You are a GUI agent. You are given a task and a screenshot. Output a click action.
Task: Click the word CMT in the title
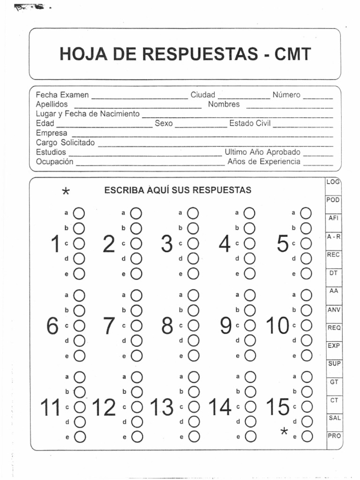tap(293, 55)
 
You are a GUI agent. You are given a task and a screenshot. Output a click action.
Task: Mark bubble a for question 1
tap(79, 213)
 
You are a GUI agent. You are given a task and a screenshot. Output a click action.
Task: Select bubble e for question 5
tap(306, 274)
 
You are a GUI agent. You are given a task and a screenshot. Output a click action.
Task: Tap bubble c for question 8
tap(193, 325)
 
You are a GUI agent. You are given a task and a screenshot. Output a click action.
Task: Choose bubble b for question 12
tap(136, 391)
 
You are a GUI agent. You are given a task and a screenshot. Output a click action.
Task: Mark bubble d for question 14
tap(250, 421)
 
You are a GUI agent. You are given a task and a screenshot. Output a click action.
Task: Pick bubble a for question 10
tap(306, 295)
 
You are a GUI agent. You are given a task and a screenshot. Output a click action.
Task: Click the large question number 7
tap(109, 325)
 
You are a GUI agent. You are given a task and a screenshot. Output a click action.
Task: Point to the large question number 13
tap(162, 407)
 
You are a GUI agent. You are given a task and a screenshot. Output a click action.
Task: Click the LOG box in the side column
tap(333, 181)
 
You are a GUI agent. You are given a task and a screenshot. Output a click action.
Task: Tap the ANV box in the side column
tap(334, 309)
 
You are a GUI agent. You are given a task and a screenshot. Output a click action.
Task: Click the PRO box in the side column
tap(334, 435)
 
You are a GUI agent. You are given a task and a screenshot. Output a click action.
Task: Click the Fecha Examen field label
tap(62, 95)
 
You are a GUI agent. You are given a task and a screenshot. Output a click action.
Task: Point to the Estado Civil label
tap(250, 124)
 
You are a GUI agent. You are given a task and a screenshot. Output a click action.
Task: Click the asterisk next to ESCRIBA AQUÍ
tap(66, 192)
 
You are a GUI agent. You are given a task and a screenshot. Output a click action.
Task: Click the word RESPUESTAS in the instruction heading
tap(222, 190)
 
